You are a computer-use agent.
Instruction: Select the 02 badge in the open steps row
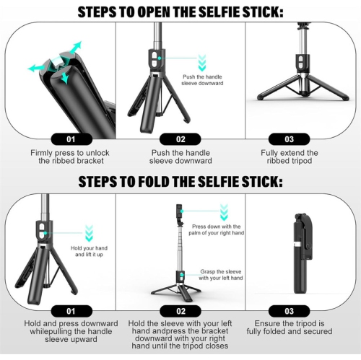point(180,139)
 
